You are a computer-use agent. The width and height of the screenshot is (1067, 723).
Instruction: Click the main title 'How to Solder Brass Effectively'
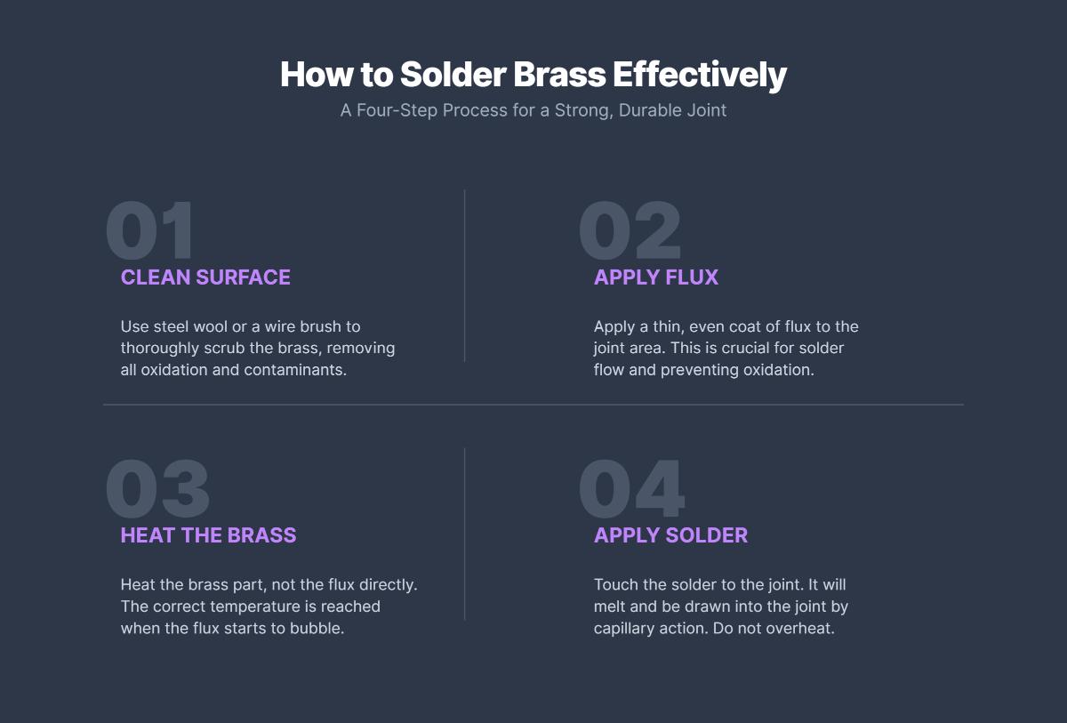point(533,75)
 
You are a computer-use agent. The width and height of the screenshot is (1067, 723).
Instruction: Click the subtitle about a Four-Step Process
point(533,110)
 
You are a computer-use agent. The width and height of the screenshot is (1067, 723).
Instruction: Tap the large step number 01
point(149,231)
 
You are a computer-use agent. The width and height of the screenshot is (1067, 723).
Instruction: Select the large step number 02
point(630,231)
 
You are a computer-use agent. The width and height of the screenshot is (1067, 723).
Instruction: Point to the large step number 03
point(157,489)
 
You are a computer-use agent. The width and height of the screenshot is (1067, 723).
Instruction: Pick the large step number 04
point(631,489)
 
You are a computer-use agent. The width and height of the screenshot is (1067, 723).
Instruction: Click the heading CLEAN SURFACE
point(205,277)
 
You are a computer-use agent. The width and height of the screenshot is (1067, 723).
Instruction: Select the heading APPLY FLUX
point(655,277)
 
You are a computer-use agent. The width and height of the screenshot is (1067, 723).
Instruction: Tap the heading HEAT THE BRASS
point(208,535)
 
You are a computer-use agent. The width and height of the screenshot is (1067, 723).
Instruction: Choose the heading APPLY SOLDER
point(670,535)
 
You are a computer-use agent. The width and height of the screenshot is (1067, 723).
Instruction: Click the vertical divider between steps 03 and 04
point(464,534)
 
